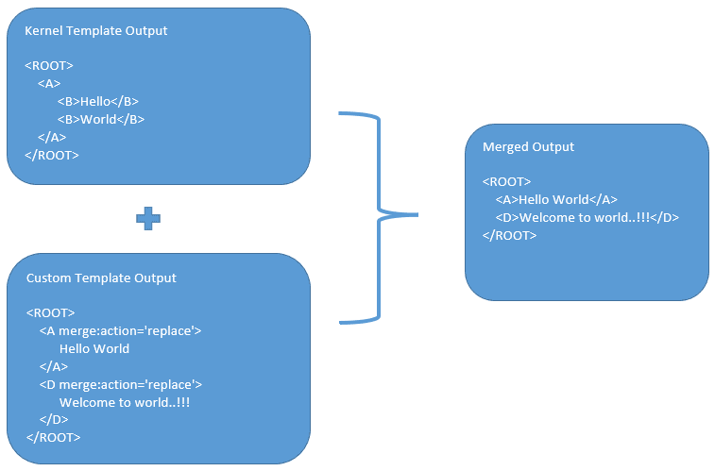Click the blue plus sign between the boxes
pos(147,218)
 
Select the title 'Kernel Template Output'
pos(95,30)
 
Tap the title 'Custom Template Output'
pos(101,278)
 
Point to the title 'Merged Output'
pos(528,147)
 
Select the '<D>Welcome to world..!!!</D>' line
pos(587,217)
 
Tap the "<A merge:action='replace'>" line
pos(120,330)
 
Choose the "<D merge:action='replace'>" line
pos(120,384)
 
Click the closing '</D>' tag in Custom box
pos(54,419)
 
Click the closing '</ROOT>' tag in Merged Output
pos(509,235)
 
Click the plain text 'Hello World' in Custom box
pos(94,348)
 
